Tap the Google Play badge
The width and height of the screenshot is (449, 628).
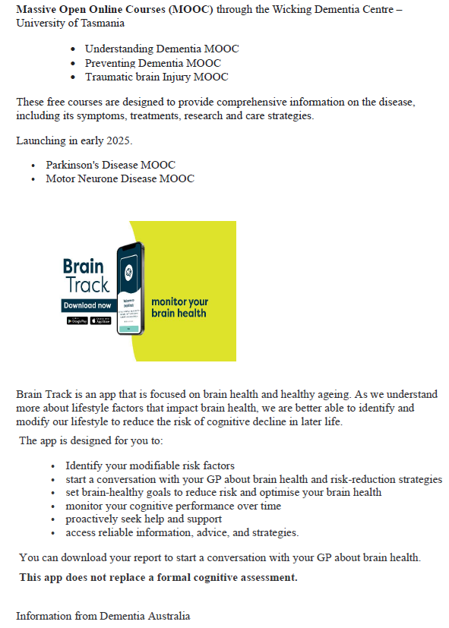pyautogui.click(x=76, y=321)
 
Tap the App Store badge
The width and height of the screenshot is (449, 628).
pyautogui.click(x=100, y=321)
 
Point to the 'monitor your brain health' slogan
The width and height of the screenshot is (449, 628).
pyautogui.click(x=179, y=308)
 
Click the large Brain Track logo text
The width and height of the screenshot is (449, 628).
pyautogui.click(x=85, y=276)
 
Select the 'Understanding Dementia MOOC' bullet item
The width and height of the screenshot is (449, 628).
pyautogui.click(x=161, y=49)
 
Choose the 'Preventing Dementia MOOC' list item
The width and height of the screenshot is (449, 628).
pyautogui.click(x=153, y=63)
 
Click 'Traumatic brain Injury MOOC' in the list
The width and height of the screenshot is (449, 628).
pyautogui.click(x=156, y=77)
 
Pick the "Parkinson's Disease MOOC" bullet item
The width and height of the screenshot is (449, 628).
pyautogui.click(x=110, y=165)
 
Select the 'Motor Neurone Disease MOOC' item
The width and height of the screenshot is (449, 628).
pyautogui.click(x=119, y=178)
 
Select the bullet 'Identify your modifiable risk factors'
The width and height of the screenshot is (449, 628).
pyautogui.click(x=150, y=465)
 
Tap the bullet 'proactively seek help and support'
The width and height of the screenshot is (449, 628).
pyautogui.click(x=144, y=519)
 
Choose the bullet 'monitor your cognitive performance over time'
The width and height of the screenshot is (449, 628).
pyautogui.click(x=172, y=506)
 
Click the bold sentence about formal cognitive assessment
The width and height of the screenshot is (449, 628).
pyautogui.click(x=158, y=578)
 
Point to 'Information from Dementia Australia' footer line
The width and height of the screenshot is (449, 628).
pyautogui.click(x=103, y=616)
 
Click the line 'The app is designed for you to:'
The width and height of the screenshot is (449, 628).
pyautogui.click(x=90, y=440)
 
